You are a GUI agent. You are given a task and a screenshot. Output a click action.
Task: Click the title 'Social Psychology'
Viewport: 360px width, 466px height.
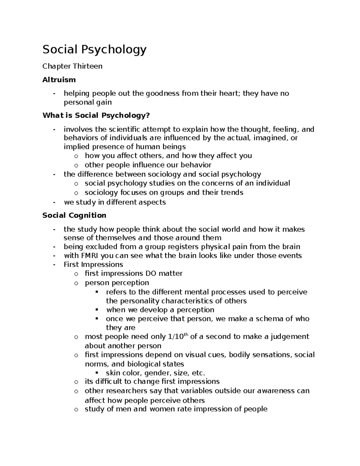94,50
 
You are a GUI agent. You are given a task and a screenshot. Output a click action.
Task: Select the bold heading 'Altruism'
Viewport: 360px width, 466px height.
59,80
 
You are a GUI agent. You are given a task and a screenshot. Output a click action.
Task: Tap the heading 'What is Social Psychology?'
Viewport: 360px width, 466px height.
96,115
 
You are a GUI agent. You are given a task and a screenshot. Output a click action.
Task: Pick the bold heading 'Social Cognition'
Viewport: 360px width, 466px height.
74,215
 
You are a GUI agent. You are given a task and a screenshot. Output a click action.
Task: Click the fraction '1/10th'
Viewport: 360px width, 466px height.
177,336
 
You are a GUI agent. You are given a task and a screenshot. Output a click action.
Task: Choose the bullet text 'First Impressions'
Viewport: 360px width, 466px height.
93,264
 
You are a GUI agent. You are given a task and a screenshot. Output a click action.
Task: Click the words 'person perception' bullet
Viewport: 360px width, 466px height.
117,283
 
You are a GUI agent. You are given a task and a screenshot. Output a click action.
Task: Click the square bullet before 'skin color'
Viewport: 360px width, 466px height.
97,373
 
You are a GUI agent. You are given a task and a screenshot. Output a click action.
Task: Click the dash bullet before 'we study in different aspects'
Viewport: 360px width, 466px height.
54,202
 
